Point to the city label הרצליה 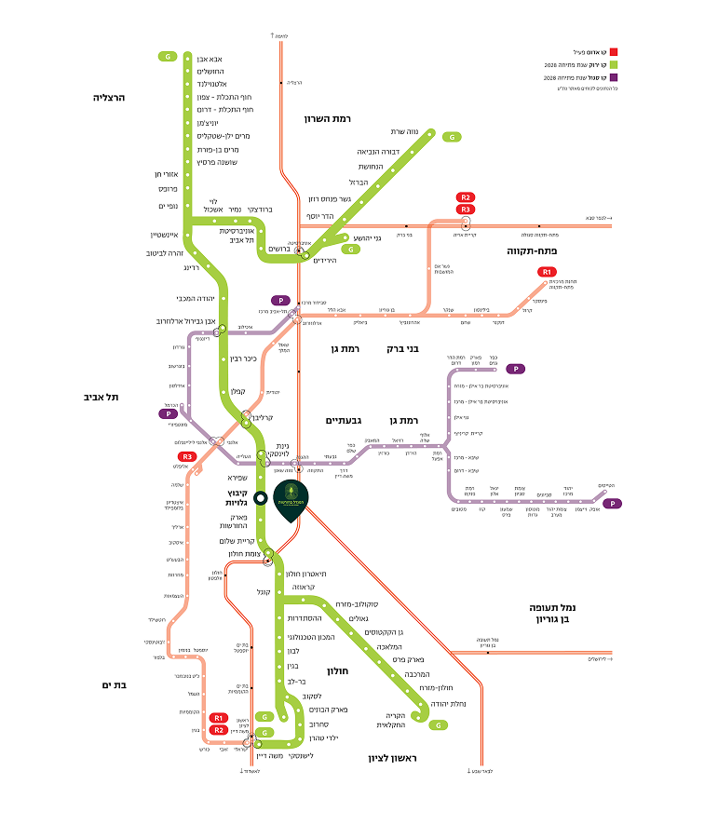109,97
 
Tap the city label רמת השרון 327,118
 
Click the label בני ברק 402,348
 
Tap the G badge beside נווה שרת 453,137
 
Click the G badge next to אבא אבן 169,57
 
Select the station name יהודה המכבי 196,298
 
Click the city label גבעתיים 342,420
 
